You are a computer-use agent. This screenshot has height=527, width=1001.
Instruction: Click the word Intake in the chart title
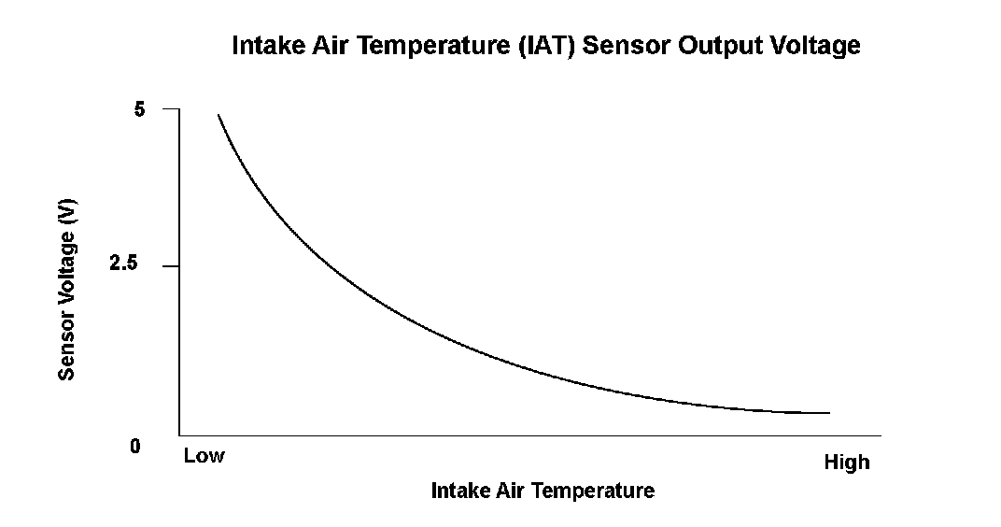[269, 46]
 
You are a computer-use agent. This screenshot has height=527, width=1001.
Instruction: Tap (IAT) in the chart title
[547, 46]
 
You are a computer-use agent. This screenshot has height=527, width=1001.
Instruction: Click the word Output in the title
[719, 46]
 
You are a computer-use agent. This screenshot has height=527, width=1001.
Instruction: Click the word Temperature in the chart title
[430, 46]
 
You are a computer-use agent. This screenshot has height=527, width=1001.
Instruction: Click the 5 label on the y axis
[139, 110]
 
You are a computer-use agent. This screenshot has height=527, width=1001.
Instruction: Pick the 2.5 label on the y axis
[123, 263]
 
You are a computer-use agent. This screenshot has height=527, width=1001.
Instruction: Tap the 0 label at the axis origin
[134, 446]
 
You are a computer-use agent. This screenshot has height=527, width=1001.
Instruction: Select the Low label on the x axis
[204, 455]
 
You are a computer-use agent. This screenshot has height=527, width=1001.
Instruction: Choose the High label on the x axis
[847, 462]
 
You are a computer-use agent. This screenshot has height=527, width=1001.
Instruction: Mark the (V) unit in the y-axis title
[67, 212]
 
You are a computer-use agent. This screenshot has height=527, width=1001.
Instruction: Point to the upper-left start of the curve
[219, 115]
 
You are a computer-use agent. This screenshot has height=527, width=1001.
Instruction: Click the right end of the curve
[829, 413]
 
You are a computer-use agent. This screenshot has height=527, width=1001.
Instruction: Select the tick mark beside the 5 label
[171, 109]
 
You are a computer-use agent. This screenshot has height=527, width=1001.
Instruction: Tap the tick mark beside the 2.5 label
[171, 265]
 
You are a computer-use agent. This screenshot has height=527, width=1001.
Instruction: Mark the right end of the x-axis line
[881, 435]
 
